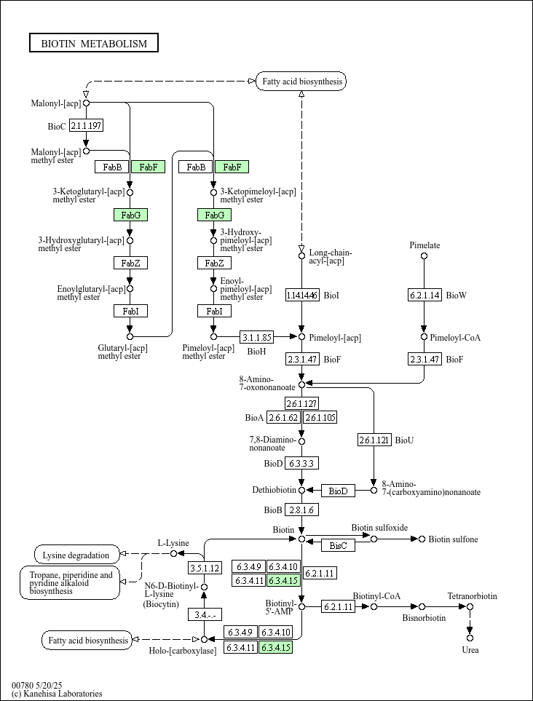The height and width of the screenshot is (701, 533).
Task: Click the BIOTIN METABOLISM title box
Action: click(94, 43)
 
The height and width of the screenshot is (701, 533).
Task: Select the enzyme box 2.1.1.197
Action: click(86, 126)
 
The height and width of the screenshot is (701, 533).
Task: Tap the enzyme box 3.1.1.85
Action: click(257, 337)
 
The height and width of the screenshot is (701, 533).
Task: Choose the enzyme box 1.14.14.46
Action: click(302, 295)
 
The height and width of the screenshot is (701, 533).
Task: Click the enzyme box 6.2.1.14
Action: click(424, 295)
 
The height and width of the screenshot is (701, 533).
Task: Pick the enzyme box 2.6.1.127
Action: click(301, 403)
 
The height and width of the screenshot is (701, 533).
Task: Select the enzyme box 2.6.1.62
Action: click(284, 417)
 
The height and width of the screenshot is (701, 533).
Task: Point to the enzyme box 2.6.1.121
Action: click(374, 440)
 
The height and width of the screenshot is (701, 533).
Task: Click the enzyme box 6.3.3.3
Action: click(301, 463)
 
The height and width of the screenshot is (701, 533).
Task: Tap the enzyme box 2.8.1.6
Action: click(301, 510)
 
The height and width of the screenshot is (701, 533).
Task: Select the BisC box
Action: click(338, 544)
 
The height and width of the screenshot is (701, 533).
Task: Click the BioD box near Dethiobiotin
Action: click(338, 491)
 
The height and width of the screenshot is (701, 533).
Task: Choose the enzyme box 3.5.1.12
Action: click(205, 568)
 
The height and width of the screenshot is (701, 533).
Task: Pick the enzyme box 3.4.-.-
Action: click(205, 614)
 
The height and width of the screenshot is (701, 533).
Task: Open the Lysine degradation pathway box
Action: click(76, 555)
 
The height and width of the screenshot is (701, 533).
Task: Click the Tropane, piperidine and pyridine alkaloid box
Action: click(70, 583)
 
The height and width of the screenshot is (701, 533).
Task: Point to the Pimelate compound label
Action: click(425, 245)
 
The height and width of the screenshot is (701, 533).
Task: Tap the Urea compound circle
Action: click(470, 638)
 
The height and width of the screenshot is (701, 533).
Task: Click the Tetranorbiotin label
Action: click(472, 596)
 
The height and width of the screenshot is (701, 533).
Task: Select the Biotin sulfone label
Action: click(453, 539)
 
